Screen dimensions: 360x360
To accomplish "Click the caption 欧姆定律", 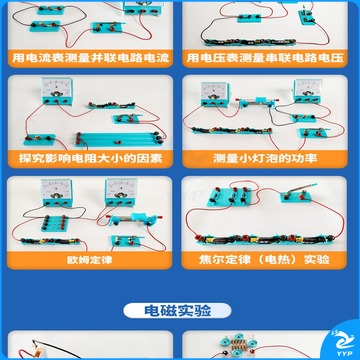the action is pyautogui.click(x=89, y=260).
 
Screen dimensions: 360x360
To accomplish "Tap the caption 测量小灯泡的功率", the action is pyautogui.click(x=265, y=158).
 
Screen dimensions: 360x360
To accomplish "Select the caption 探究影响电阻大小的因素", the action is pyautogui.click(x=90, y=158).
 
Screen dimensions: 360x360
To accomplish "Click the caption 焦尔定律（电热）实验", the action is pyautogui.click(x=264, y=260).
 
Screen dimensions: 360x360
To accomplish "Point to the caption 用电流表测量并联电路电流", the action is pyautogui.click(x=91, y=58).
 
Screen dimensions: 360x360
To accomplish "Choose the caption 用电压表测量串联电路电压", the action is pyautogui.click(x=265, y=58).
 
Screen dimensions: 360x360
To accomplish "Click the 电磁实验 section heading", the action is pyautogui.click(x=177, y=311).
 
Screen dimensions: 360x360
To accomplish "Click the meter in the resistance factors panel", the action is pyautogui.click(x=57, y=91).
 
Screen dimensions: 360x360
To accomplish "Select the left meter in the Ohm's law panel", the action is pyautogui.click(x=56, y=192).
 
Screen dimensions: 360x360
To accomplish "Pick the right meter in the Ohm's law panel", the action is pyautogui.click(x=121, y=192).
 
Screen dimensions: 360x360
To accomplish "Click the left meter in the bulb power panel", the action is pyautogui.click(x=215, y=95).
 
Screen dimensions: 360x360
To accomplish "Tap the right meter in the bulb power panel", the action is pyautogui.click(x=308, y=91).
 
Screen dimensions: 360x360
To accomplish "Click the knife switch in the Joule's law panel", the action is pyautogui.click(x=297, y=194).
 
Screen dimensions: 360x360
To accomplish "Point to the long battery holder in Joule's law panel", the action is pyautogui.click(x=266, y=239).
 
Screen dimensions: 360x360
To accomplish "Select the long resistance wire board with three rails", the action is pyautogui.click(x=119, y=139).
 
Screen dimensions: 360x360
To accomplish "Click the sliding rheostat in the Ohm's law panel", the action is pyautogui.click(x=135, y=219).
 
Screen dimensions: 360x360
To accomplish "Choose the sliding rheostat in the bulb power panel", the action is pyautogui.click(x=256, y=102).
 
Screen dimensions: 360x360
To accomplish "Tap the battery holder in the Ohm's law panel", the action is pyautogui.click(x=51, y=241).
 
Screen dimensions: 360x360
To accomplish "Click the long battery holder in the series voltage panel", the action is pyautogui.click(x=249, y=42).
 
